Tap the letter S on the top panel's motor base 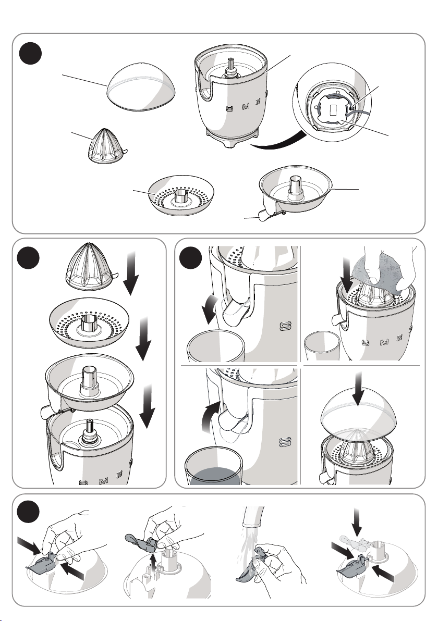click(x=230, y=109)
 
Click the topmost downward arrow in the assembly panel click(x=131, y=273)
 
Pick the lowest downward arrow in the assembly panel click(x=147, y=406)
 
